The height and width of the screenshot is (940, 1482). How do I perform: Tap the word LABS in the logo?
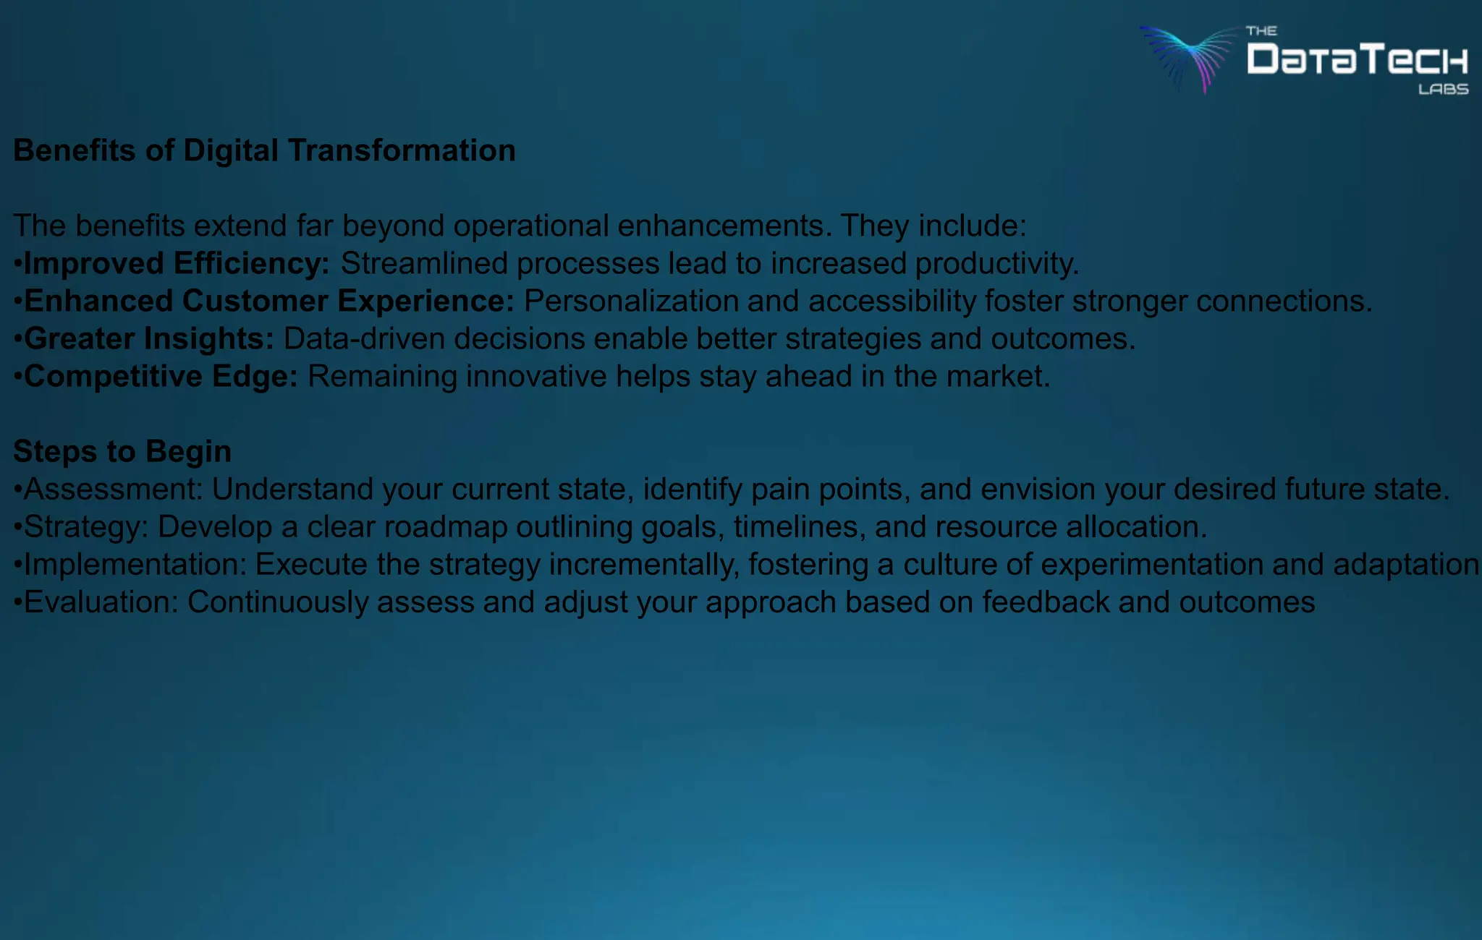coord(1443,90)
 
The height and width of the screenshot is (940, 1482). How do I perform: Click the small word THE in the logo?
coord(1261,31)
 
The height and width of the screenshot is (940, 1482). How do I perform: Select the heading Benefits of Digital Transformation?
coord(264,150)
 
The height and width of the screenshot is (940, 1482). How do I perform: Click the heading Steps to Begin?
coord(122,451)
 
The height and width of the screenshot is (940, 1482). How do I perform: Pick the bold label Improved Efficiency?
coord(177,263)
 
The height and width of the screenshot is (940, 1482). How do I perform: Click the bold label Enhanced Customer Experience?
coord(268,301)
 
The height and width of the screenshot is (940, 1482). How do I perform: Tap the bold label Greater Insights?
coord(149,338)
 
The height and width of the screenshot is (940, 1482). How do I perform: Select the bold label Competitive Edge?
coord(161,376)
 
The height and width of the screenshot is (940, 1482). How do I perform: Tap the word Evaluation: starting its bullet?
coord(101,602)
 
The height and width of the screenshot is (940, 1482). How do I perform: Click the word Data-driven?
coord(363,339)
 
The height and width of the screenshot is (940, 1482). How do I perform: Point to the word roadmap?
coord(445,527)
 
